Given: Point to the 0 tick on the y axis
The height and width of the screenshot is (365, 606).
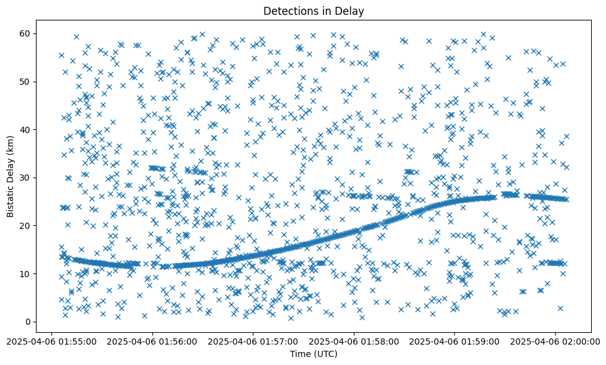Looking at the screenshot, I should point(28,322).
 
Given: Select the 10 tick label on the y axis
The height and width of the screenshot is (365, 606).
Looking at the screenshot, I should point(25,273).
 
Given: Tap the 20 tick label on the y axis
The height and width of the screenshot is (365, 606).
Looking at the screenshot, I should point(25,226).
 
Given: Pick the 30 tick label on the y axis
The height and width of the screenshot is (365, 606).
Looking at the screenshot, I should point(25,178).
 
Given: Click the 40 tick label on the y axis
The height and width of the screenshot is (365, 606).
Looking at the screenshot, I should point(25,129).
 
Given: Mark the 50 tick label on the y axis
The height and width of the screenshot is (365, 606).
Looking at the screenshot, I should point(25,82).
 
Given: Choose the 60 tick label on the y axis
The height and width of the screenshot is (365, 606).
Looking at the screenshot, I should point(25,33).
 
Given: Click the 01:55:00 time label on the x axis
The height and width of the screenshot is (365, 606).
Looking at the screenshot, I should point(51,340).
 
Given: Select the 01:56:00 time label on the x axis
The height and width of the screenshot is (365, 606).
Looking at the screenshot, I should point(152,340).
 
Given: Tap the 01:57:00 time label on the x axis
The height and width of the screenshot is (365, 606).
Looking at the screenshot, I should point(253,340).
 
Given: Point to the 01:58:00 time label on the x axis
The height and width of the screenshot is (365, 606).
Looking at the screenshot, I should point(354,340).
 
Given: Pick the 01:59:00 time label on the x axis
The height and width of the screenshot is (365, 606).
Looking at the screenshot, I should point(454,340).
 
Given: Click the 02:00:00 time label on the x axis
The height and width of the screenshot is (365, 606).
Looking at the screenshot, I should point(555,340).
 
